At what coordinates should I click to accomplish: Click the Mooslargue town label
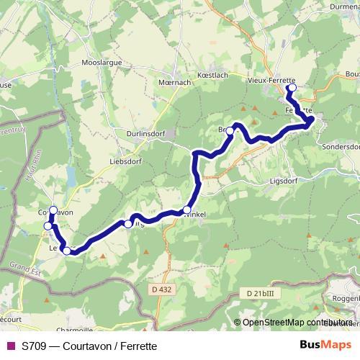(106, 63)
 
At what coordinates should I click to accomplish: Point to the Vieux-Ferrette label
(271, 80)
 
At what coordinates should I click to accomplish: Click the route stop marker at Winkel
(187, 210)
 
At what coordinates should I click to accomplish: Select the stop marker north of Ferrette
(292, 88)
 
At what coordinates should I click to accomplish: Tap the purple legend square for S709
(11, 346)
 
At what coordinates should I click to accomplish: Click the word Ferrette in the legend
(137, 346)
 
